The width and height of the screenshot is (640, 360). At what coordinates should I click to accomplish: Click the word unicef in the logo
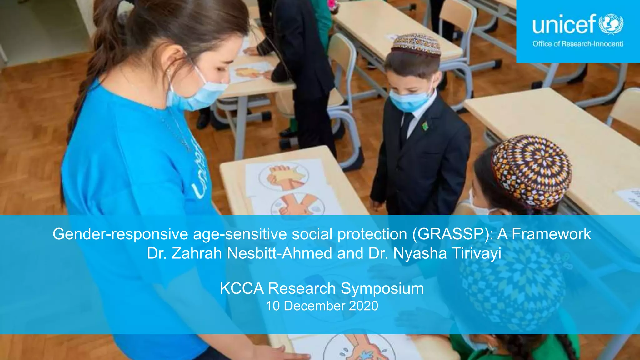point(564,24)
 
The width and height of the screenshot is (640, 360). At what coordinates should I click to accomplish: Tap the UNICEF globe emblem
point(611,24)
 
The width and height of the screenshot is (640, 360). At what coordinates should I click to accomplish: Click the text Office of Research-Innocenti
point(578,44)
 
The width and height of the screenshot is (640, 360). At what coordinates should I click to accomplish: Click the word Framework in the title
point(551,234)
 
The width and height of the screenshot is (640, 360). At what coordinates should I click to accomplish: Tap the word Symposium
point(382,288)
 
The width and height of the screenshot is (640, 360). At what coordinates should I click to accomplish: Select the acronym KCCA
point(242,288)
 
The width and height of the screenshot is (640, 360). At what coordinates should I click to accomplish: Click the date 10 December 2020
point(322,306)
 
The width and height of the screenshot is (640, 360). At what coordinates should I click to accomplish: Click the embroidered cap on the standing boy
point(416,44)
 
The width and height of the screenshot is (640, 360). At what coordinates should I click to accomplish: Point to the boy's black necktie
point(406,125)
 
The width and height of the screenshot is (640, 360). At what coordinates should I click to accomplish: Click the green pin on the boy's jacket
point(425,126)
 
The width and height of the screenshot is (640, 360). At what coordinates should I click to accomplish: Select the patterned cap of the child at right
point(531,170)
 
